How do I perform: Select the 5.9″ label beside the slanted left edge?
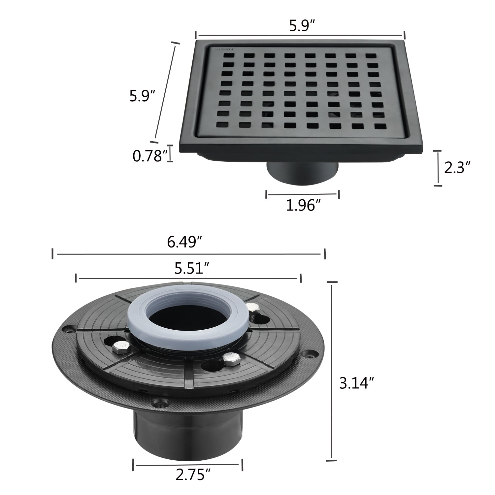tap(142, 96)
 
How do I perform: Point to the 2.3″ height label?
tap(457, 168)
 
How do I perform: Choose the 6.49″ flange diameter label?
tap(184, 243)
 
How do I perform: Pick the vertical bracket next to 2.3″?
tap(438, 168)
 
